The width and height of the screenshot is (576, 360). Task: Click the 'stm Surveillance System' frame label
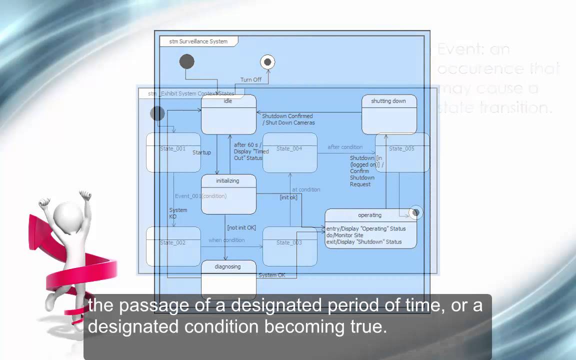(198, 41)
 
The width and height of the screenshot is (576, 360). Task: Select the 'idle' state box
(228, 114)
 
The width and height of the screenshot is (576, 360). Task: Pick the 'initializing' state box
(228, 194)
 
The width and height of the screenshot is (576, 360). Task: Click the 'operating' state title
(369, 215)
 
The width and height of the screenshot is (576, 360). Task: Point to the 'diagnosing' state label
(227, 266)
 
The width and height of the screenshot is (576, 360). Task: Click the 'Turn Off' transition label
(250, 79)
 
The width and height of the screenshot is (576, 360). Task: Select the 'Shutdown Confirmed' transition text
(287, 116)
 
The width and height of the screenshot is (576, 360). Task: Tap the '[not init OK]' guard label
(241, 227)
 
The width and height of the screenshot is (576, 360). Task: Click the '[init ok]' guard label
(288, 197)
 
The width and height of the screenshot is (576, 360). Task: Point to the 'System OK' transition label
(272, 275)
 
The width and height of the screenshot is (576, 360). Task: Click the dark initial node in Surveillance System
(186, 61)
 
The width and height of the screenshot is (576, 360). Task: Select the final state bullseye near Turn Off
(267, 62)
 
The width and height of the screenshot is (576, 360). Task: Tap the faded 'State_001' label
(172, 148)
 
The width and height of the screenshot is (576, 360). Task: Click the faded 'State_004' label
(289, 148)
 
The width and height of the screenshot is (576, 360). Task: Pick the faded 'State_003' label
(289, 242)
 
